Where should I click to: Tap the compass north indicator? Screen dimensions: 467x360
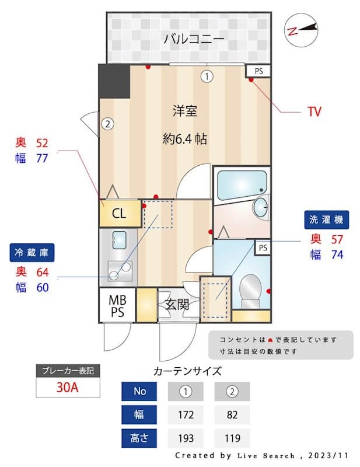(301, 30)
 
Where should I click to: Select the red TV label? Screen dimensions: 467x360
(314, 111)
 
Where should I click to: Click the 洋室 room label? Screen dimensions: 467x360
(184, 110)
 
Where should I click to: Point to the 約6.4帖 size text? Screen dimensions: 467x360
(184, 140)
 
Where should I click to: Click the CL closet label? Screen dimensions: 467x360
(119, 214)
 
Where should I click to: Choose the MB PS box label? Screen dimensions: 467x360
(118, 306)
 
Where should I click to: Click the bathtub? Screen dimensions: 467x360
(242, 184)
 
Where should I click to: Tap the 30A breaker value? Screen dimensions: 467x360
(68, 387)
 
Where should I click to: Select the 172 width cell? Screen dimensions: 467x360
(186, 414)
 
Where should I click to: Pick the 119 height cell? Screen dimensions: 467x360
(232, 438)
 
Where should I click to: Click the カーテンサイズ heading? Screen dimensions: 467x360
(187, 370)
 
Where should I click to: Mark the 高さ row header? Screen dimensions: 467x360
(139, 438)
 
